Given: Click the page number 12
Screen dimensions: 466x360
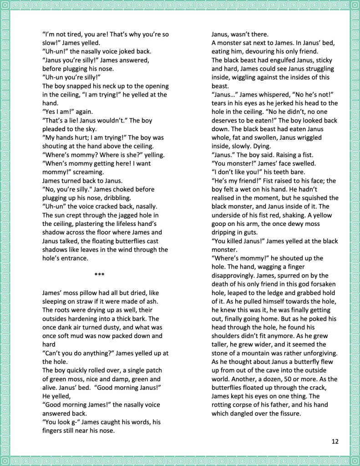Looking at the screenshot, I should point(335,441).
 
